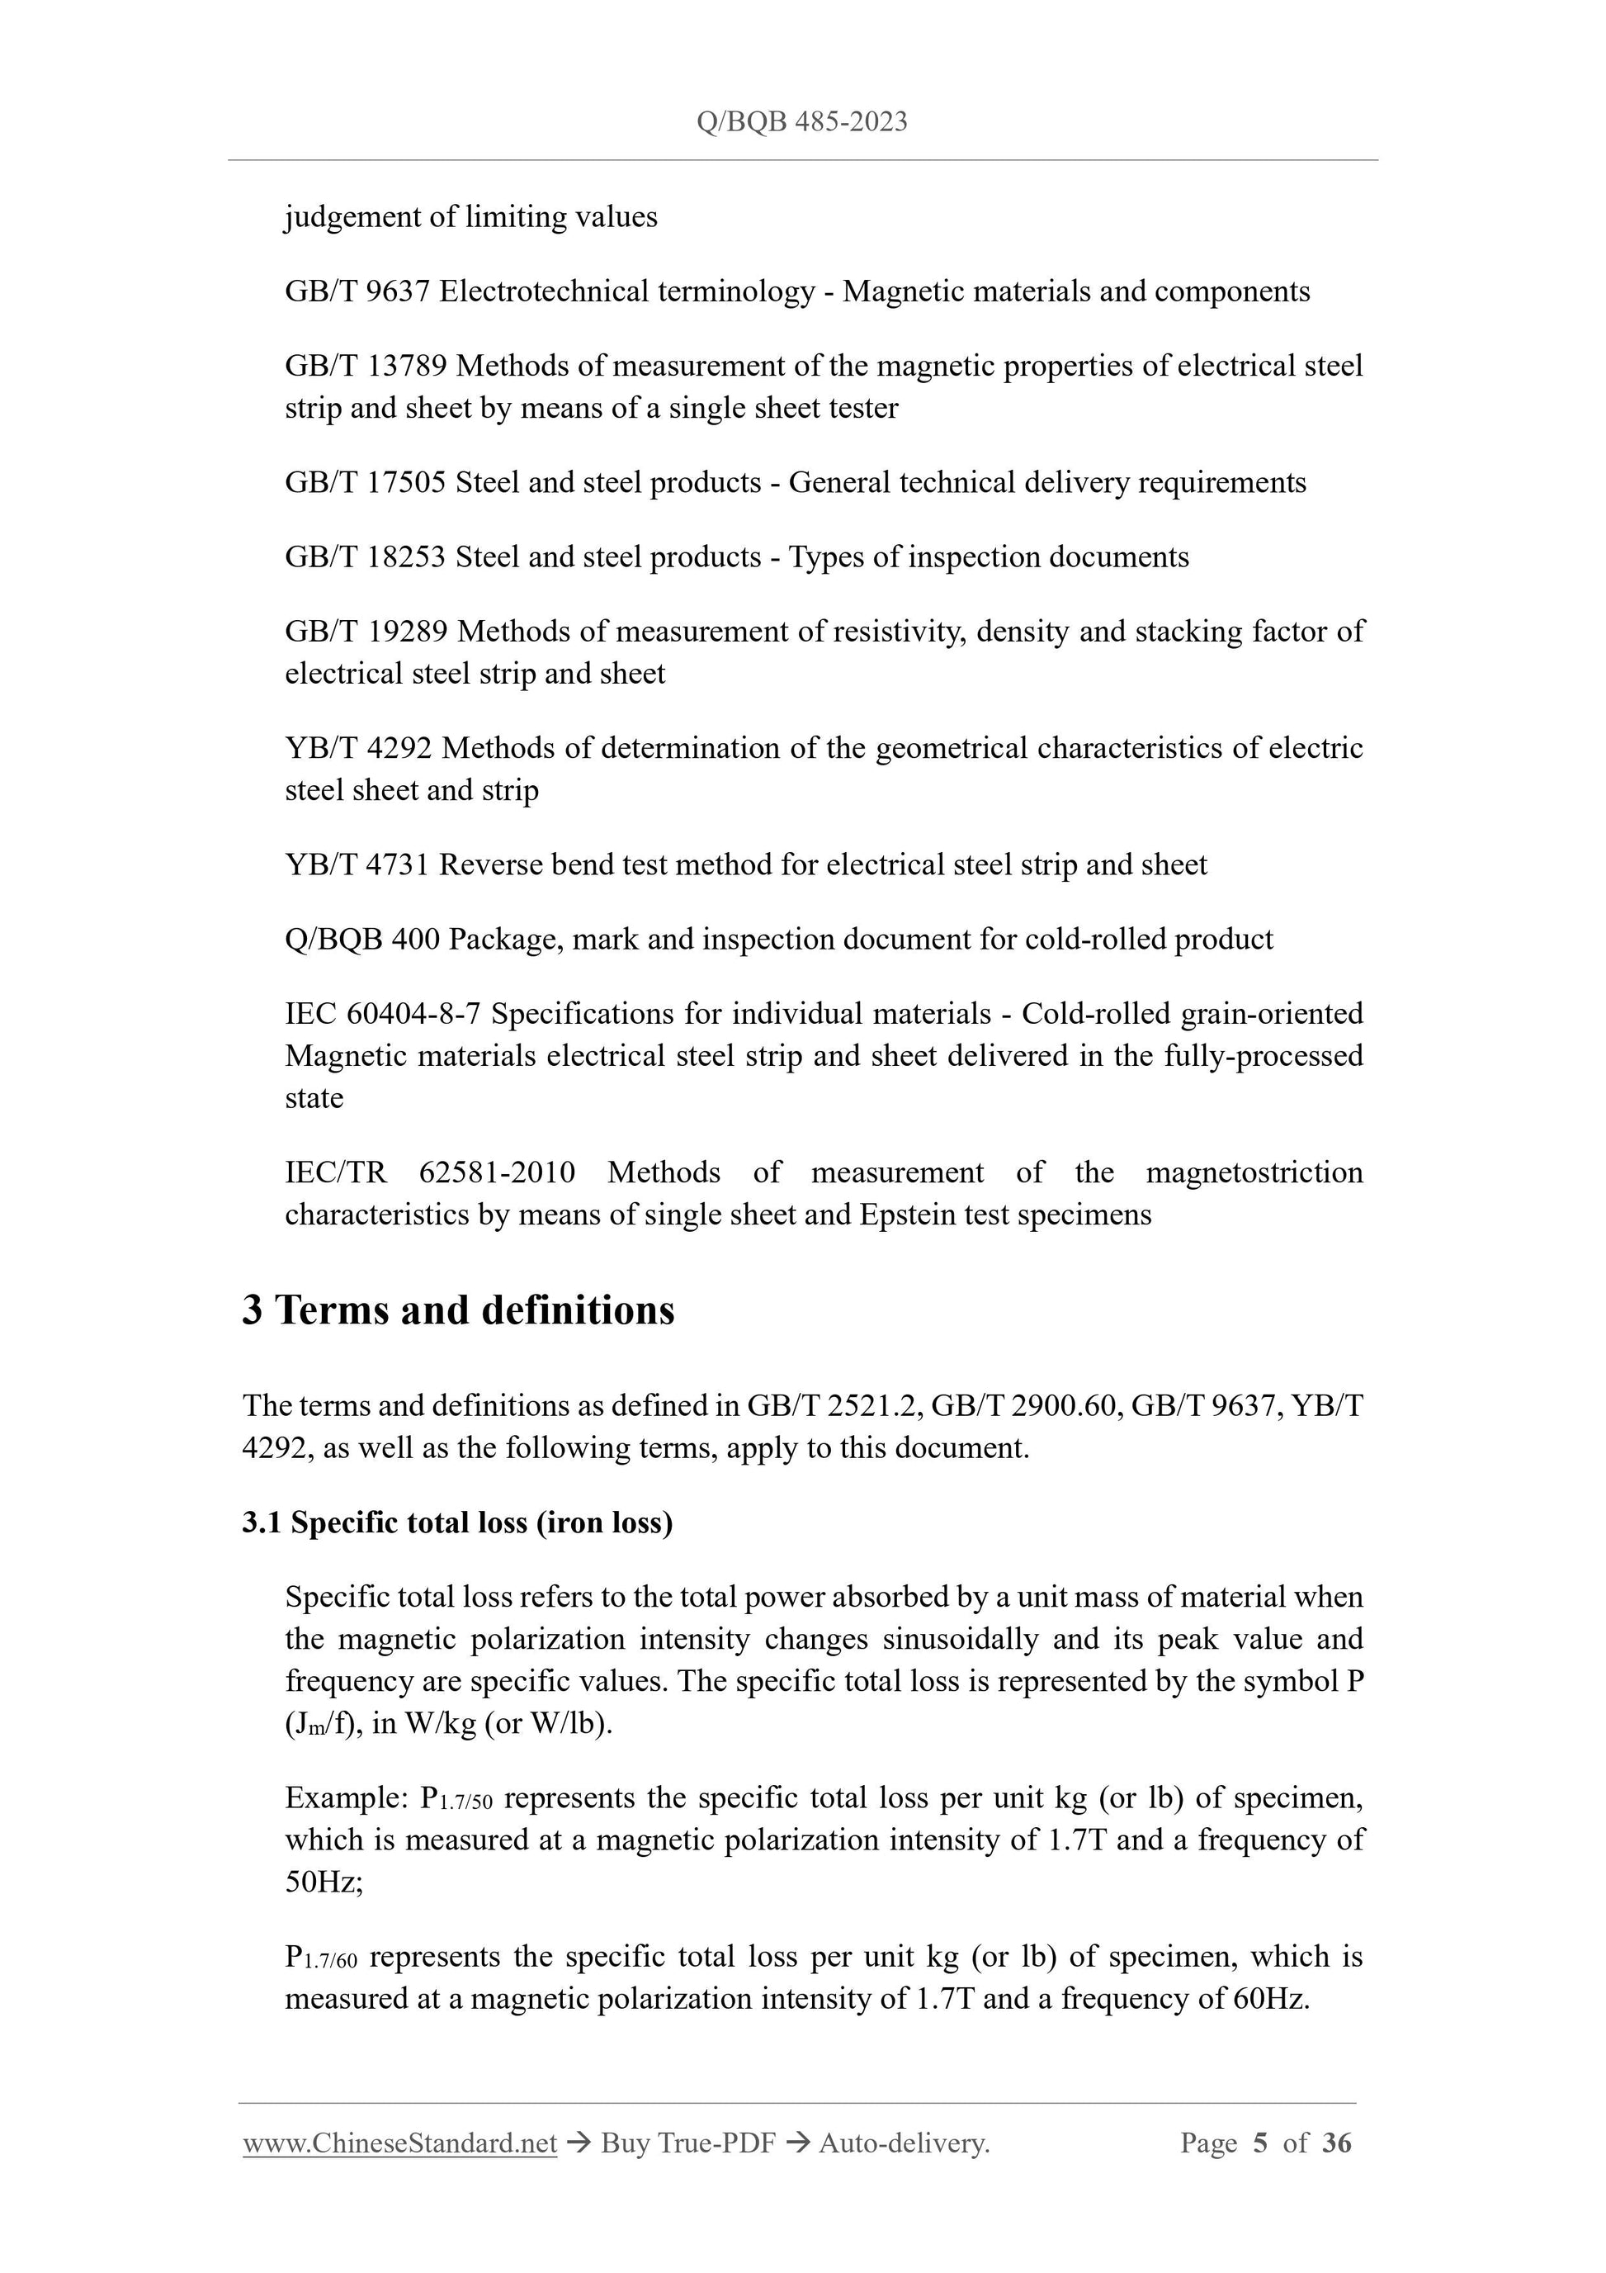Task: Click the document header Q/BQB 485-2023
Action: click(801, 121)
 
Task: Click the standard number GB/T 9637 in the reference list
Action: click(357, 292)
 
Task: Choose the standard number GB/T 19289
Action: click(366, 632)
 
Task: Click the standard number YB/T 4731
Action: click(357, 865)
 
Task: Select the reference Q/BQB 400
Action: click(361, 940)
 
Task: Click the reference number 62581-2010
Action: click(497, 1173)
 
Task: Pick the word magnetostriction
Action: click(1254, 1173)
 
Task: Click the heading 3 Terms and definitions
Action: click(458, 1311)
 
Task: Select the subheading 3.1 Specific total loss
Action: click(457, 1522)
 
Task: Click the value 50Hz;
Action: click(324, 1882)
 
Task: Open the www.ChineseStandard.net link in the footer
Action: click(399, 2143)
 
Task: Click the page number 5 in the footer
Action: click(1259, 2143)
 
